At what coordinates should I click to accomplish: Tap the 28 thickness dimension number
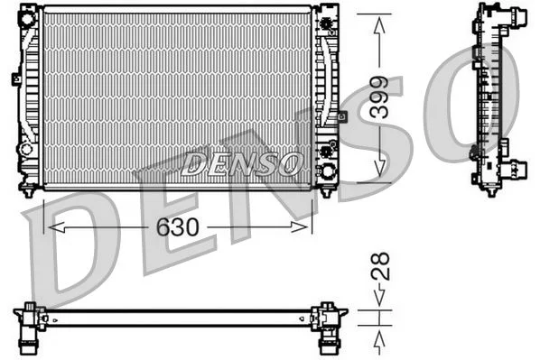382,266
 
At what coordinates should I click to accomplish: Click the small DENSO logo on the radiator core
241,163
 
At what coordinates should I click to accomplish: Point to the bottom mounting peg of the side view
490,190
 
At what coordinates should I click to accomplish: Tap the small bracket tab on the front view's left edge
16,78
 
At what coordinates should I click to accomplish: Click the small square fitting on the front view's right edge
342,115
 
